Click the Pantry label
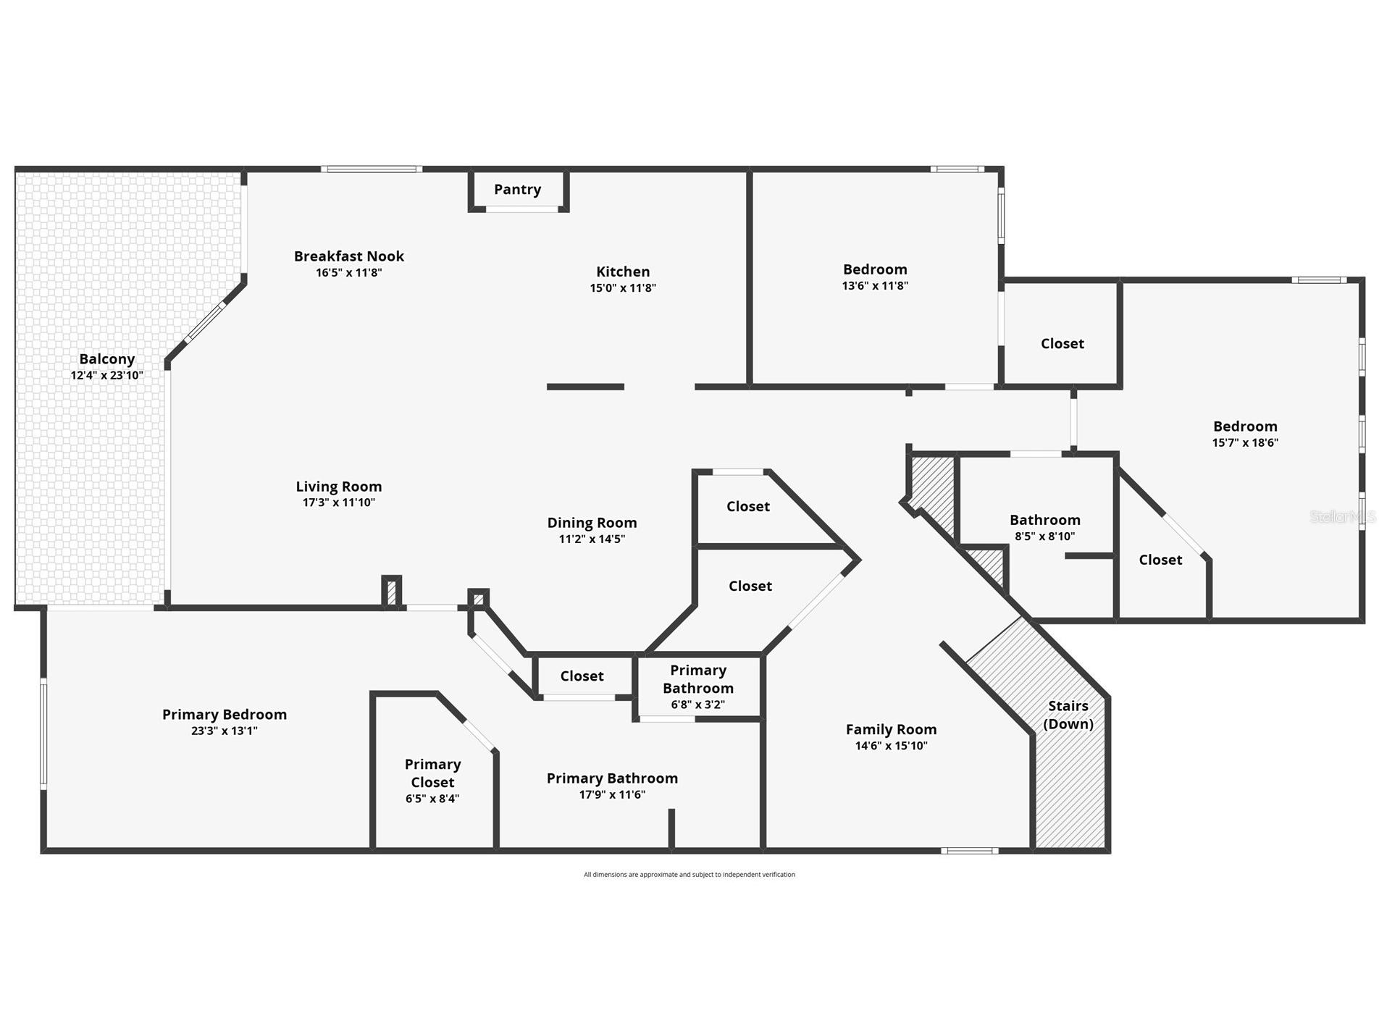[517, 189]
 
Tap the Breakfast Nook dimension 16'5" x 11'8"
[348, 273]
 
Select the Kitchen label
[622, 272]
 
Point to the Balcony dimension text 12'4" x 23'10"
[106, 376]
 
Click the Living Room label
[338, 487]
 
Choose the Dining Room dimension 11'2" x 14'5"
[591, 539]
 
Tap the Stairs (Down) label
[1068, 715]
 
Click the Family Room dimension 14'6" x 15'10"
[891, 746]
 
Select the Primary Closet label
[432, 773]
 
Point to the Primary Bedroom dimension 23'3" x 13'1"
[224, 731]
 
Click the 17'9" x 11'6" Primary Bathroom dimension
[611, 794]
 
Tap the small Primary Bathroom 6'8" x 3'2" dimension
[697, 705]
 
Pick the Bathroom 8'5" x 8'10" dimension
[1044, 537]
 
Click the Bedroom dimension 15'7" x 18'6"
[1245, 442]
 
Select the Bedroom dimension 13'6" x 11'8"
[874, 286]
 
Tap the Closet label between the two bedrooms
[1062, 343]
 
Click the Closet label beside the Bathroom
[1160, 560]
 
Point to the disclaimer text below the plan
[689, 875]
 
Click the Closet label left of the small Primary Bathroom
[582, 676]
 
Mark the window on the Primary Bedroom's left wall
[43, 733]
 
